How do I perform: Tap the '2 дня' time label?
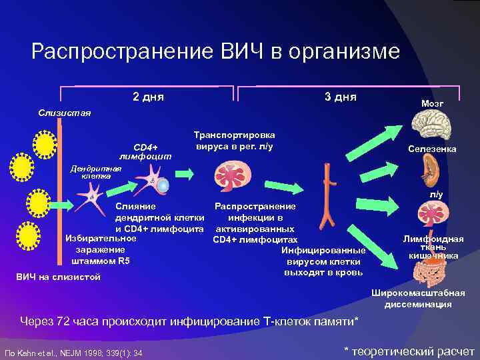149,97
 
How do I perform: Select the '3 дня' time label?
340,97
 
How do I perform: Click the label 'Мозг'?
432,104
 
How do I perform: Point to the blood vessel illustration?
327,200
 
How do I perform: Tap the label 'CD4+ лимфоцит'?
145,151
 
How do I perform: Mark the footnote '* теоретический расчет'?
409,351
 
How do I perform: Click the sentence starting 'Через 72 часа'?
189,322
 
